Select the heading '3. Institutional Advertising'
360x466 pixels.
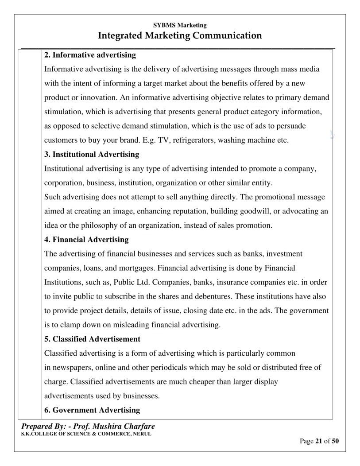click(92, 155)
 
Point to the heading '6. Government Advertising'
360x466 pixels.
click(92, 410)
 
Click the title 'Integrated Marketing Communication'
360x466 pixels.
click(180, 35)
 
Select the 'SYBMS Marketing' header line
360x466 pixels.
click(180, 25)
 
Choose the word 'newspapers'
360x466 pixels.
click(72, 367)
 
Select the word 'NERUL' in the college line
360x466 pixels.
click(142, 434)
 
